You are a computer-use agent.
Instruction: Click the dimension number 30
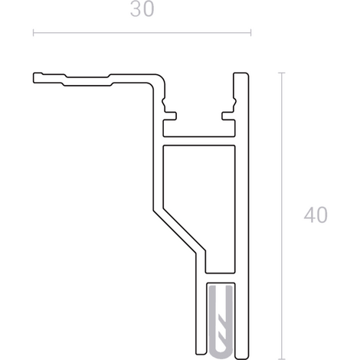142,9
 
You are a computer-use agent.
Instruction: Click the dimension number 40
316,214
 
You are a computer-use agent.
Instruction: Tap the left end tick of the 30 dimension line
33,33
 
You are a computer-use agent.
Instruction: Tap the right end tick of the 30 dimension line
251,33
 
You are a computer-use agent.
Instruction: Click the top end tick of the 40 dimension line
282,73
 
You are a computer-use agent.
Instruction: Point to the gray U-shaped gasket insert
221,322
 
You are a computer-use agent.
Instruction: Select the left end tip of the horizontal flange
34,78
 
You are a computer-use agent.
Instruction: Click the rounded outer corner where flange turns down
161,78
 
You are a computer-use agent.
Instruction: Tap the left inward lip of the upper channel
170,116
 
